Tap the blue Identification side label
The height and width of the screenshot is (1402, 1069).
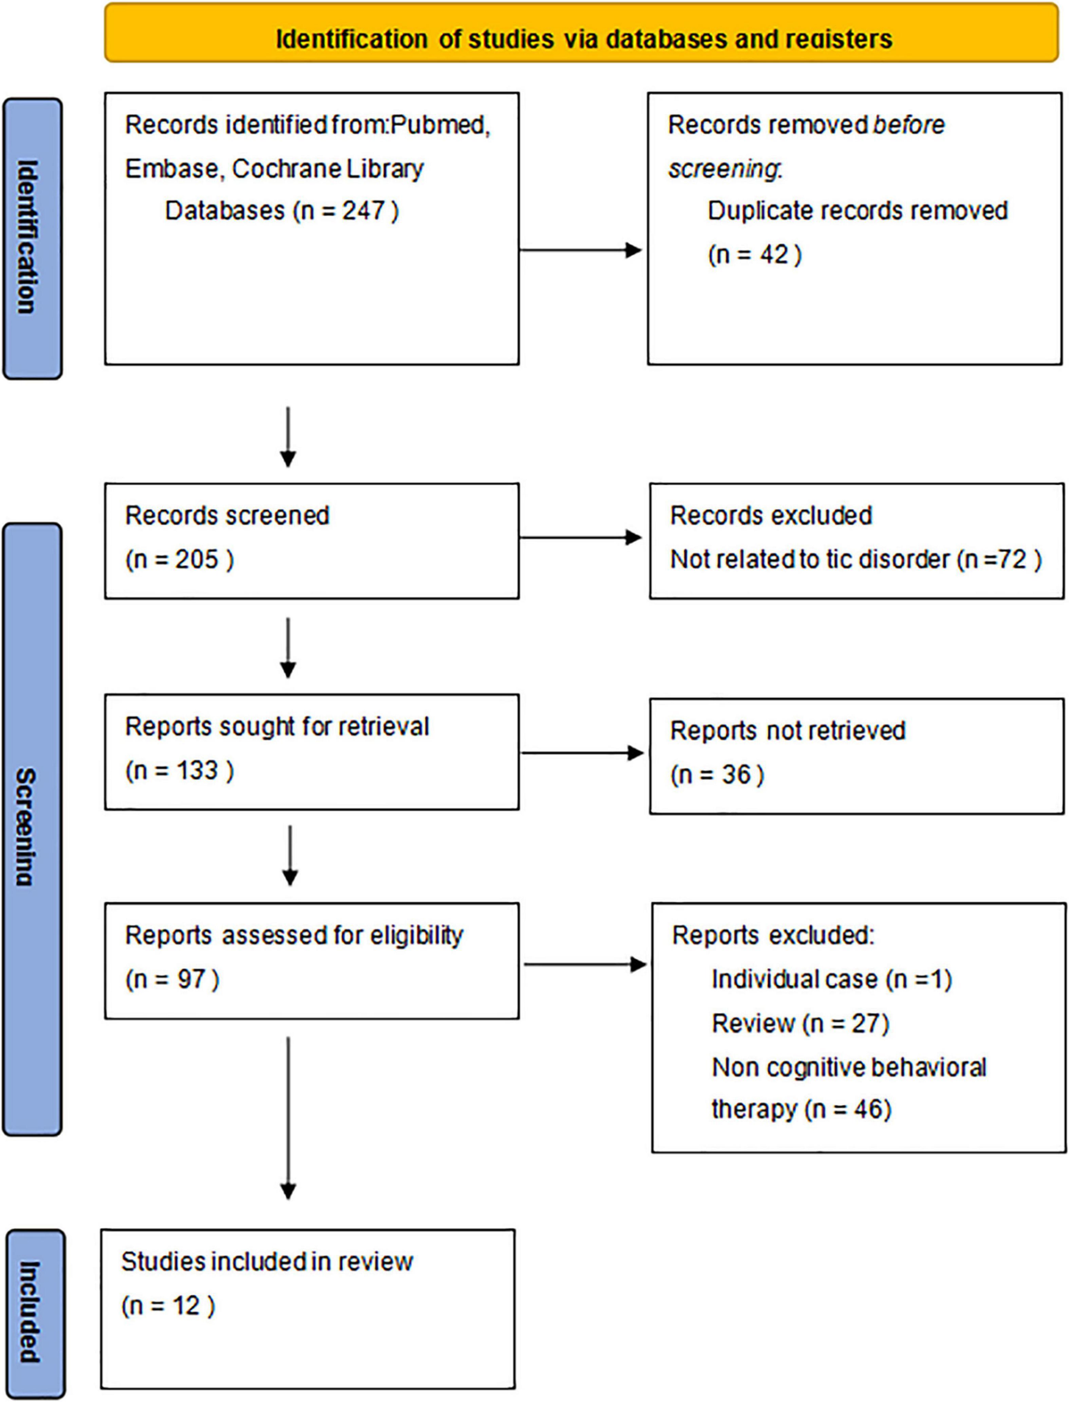(x=32, y=238)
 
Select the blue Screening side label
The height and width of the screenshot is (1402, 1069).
(x=32, y=828)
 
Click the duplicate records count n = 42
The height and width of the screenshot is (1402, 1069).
(x=754, y=255)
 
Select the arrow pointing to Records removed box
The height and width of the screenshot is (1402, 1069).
(x=580, y=250)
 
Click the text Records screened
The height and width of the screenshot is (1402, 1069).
(x=227, y=516)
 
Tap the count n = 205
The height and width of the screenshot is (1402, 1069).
(x=179, y=560)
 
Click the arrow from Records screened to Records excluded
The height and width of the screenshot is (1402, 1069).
(x=580, y=537)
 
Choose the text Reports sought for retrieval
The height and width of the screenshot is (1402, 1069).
(x=276, y=727)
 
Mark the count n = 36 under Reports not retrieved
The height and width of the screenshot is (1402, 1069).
(x=717, y=775)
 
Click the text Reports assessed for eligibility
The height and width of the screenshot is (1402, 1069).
(x=294, y=936)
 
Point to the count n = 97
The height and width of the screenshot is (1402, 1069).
(x=172, y=980)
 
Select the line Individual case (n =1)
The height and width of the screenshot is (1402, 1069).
(x=831, y=980)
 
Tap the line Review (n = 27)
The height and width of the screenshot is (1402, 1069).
(x=800, y=1023)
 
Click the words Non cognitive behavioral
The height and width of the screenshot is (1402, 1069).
(x=848, y=1067)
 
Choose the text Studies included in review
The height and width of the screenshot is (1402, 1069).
(x=266, y=1262)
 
